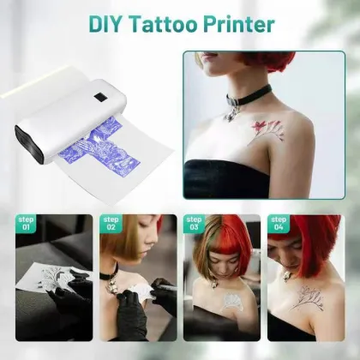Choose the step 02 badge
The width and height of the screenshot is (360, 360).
coord(110,225)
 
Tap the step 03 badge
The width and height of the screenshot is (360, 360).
coord(194,225)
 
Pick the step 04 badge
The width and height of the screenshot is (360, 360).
coord(278,225)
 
